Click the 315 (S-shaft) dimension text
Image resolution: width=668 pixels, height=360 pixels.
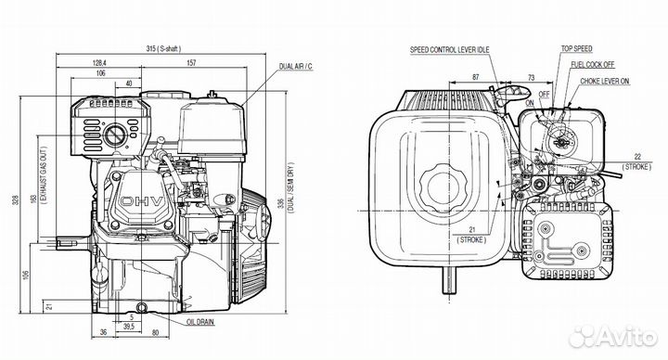pos(163,48)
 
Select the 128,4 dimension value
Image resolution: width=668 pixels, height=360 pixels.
pos(99,62)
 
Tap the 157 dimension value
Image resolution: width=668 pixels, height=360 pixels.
pos(192,62)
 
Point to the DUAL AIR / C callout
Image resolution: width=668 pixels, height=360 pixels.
pos(296,67)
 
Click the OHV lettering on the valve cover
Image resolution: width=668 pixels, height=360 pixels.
pos(141,201)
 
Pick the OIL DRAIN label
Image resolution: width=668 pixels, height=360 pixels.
pos(200,322)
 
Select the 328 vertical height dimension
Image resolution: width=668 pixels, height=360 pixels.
pos(16,199)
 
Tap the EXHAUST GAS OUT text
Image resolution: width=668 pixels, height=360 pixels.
pos(44,175)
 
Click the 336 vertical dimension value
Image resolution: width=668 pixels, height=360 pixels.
pos(281,203)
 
